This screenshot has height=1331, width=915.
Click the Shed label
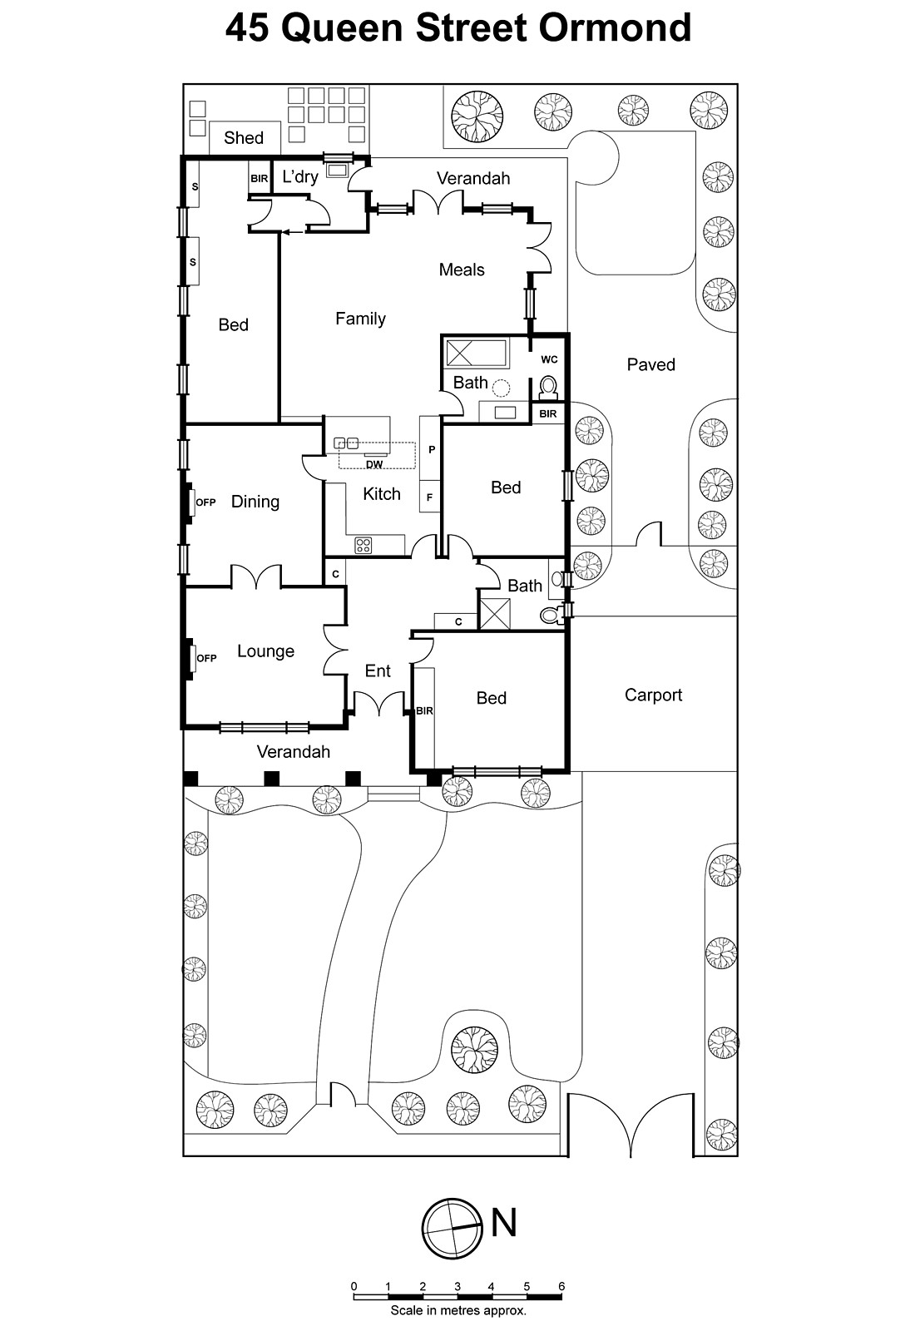(x=243, y=138)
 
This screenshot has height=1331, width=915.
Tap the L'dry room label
(x=300, y=176)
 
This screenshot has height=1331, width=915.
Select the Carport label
(x=653, y=695)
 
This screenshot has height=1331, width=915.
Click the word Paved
(x=650, y=364)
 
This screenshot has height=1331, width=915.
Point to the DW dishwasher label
(x=374, y=464)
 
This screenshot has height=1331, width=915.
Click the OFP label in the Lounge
(x=206, y=658)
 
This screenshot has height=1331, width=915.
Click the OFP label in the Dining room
(x=205, y=502)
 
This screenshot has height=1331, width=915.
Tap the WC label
(x=549, y=359)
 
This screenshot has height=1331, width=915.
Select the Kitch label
(x=382, y=494)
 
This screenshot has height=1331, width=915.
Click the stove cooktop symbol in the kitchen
(x=364, y=546)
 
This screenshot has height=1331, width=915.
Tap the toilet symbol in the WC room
(x=549, y=387)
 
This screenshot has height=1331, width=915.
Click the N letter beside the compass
(x=504, y=1223)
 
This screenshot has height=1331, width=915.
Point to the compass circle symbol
(x=453, y=1230)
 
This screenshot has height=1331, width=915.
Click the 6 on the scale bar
(x=561, y=1286)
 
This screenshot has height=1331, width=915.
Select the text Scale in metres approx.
(x=458, y=1310)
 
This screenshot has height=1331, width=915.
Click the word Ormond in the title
(x=615, y=28)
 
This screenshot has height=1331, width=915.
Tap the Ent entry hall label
(x=378, y=670)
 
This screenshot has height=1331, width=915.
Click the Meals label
(x=462, y=270)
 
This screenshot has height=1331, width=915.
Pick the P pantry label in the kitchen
(x=432, y=449)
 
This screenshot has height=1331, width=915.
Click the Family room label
(x=360, y=319)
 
